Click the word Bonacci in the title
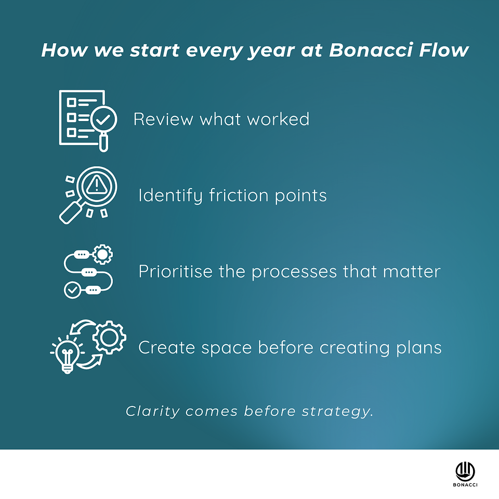(x=371, y=50)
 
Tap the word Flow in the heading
(x=443, y=50)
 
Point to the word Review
(x=163, y=119)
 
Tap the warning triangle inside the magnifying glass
(x=97, y=185)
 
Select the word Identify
(x=170, y=195)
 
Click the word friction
(x=239, y=195)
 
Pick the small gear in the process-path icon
(x=102, y=254)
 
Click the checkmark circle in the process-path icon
(x=73, y=290)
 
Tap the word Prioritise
(x=175, y=271)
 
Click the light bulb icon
(x=67, y=354)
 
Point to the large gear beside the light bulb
(x=110, y=337)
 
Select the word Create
(x=167, y=347)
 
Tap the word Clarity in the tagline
(x=153, y=412)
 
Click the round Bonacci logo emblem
(x=465, y=471)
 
